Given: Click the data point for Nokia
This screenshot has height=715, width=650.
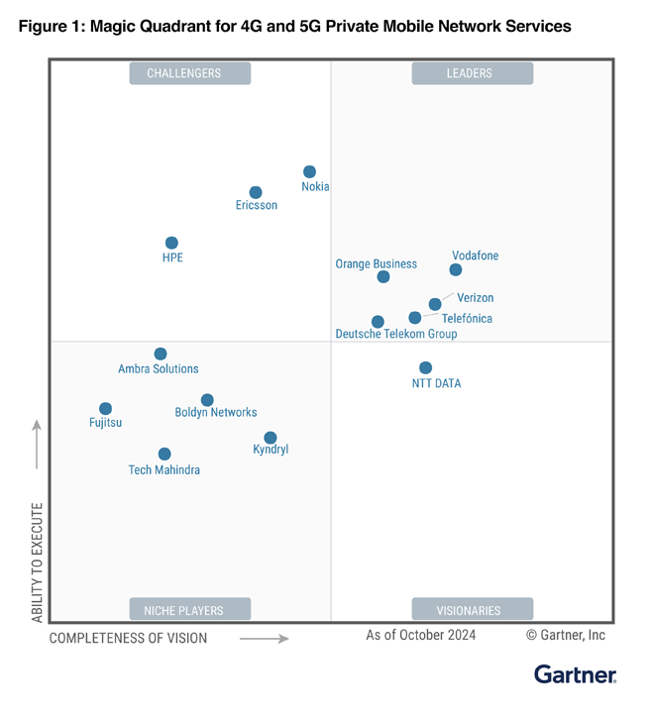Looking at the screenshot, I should point(309,171).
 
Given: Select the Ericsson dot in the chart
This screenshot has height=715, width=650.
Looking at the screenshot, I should point(256,192).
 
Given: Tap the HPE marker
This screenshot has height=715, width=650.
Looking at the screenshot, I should point(171,243).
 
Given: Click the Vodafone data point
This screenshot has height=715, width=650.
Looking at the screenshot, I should point(456,269).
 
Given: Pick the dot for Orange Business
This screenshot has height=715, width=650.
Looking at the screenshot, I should point(383,276).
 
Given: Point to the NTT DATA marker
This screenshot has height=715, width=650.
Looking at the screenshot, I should point(425,367).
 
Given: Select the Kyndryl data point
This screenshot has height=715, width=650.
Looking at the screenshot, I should point(271,438).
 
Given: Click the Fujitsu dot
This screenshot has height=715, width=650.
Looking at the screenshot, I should point(105,408).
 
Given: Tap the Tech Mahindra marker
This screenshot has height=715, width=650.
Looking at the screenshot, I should point(164,454).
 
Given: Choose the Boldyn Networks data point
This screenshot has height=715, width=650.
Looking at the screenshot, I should point(207,400).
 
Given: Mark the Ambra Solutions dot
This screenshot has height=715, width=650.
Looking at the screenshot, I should point(161,354).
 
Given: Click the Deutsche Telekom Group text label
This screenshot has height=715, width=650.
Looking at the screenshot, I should point(396,335).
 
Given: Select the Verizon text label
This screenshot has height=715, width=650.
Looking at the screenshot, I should point(475,298).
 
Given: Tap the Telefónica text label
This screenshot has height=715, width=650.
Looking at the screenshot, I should point(467,319).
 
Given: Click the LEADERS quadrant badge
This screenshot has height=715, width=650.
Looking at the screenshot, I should point(473,73).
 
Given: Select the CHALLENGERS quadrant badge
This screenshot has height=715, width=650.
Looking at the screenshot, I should point(190,73).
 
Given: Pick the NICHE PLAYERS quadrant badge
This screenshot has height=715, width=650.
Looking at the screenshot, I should point(190,610).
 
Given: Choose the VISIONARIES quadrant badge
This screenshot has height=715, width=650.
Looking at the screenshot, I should point(473,610).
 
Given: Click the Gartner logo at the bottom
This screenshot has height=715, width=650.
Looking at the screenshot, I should point(575,675).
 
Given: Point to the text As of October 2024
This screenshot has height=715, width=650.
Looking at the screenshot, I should point(420,635).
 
